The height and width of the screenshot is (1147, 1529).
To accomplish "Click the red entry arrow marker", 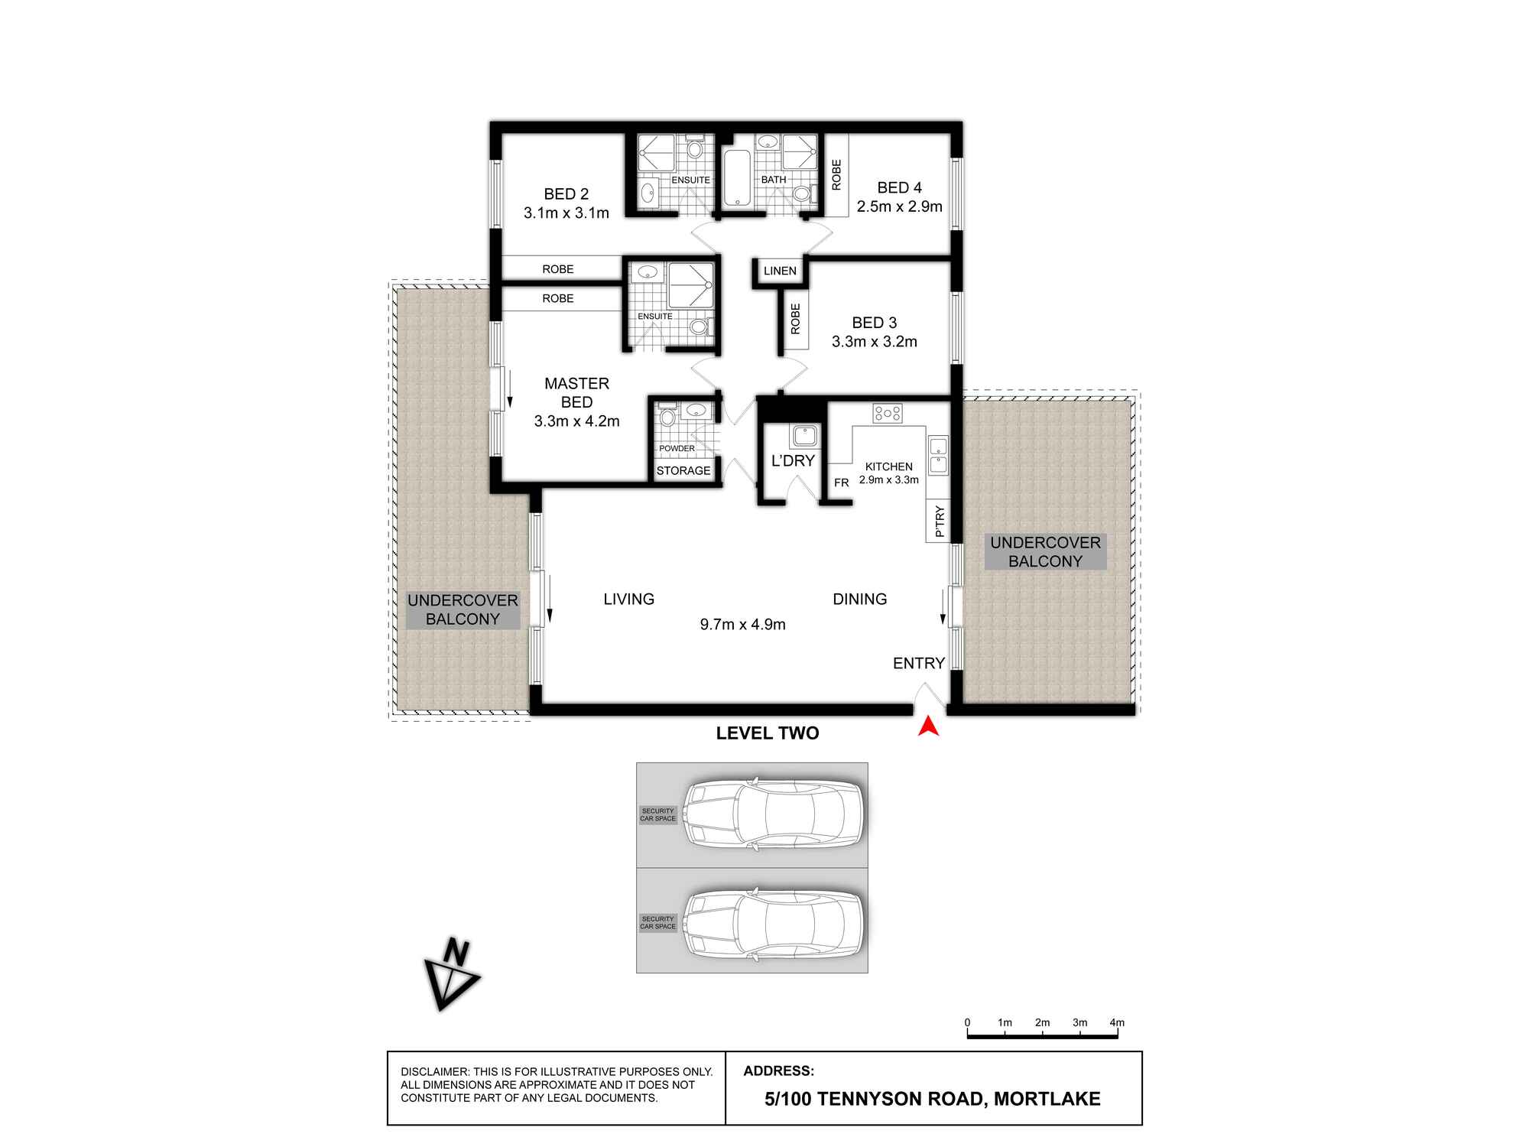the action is (928, 726).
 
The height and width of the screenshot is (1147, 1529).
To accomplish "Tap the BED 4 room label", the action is (899, 187).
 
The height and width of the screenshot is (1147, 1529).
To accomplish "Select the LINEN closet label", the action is (780, 271).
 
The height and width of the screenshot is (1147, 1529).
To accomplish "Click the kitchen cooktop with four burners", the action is (888, 413).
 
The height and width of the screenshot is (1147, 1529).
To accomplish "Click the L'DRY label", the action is (793, 460).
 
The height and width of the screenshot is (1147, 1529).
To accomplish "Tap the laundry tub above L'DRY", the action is (805, 436).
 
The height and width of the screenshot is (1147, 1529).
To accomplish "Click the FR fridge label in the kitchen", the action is (841, 483).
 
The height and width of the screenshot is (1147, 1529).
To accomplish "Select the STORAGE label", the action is (683, 471).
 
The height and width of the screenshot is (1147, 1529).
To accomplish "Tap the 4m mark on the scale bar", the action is (1117, 1022).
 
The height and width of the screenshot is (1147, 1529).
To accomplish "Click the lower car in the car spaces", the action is (774, 924).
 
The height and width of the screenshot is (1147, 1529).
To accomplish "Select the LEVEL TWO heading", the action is (768, 733).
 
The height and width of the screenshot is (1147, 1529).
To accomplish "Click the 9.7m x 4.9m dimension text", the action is (743, 624).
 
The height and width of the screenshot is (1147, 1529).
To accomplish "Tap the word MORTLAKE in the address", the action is (1047, 1099).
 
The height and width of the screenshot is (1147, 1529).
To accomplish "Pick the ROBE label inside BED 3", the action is (795, 319).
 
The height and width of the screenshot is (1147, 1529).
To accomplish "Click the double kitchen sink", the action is (938, 456).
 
